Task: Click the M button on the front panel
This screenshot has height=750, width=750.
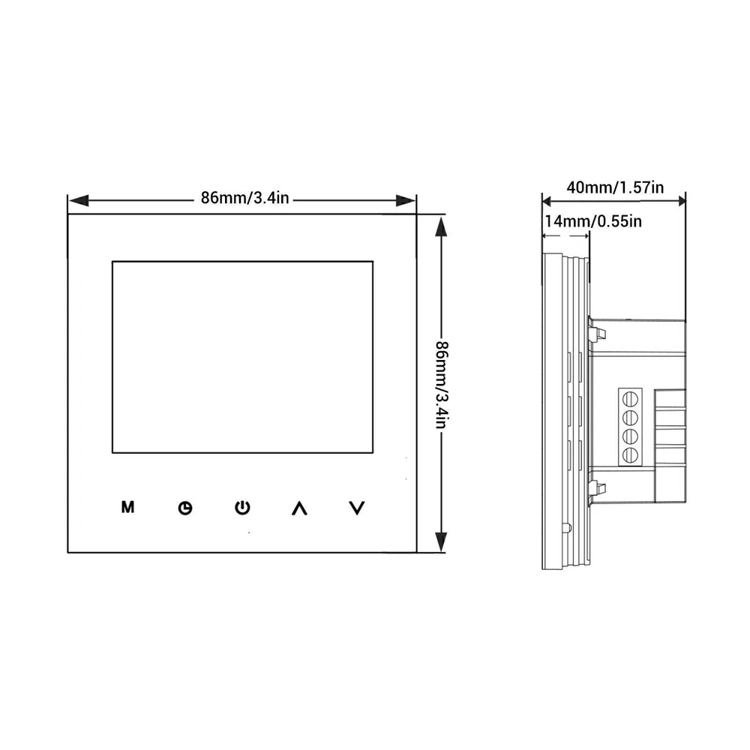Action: click(127, 507)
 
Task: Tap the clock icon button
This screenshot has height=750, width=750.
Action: click(185, 508)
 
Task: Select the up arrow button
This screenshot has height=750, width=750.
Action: click(299, 508)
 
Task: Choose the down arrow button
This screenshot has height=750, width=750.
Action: click(357, 508)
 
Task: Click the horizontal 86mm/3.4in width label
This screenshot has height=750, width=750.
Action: click(244, 198)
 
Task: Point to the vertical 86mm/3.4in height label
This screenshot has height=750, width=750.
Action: click(442, 385)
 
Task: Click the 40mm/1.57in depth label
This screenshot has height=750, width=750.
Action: click(615, 187)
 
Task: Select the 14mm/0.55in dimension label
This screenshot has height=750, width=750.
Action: click(593, 221)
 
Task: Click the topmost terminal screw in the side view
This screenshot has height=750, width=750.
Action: click(630, 398)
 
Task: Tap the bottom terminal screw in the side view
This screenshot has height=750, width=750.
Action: click(630, 454)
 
